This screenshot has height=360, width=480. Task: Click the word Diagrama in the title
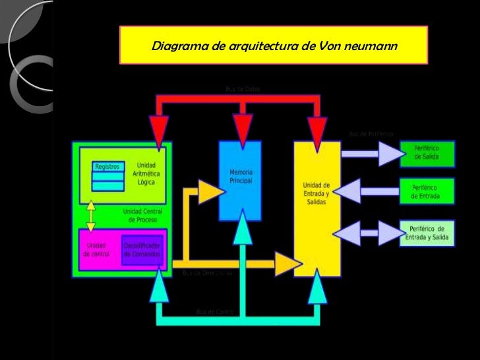(x=173, y=47)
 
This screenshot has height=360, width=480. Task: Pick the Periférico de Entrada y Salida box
(x=427, y=233)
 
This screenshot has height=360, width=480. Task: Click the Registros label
(x=107, y=167)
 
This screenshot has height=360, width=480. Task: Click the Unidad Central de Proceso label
(x=138, y=215)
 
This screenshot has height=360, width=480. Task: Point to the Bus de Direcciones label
(x=208, y=272)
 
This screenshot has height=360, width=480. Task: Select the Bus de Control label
(x=216, y=311)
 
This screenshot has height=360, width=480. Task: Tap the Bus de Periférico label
(x=371, y=134)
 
